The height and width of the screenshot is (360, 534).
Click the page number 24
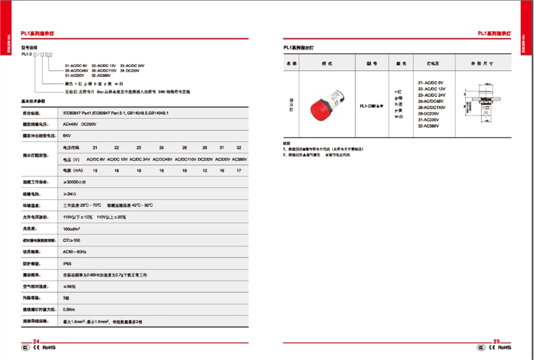point(35,341)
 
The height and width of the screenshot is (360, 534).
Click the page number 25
point(496,341)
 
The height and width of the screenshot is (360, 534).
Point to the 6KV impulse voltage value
point(66,134)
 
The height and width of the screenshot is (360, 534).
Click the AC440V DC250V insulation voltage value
point(77,124)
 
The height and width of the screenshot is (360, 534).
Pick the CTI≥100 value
point(71,240)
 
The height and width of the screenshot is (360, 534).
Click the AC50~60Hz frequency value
point(75,252)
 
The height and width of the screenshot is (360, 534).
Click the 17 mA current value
point(238,169)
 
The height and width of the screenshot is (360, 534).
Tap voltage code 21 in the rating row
point(95,147)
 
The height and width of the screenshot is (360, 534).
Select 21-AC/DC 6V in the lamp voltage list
point(430,82)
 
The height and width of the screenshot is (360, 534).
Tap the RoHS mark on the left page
point(49,348)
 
